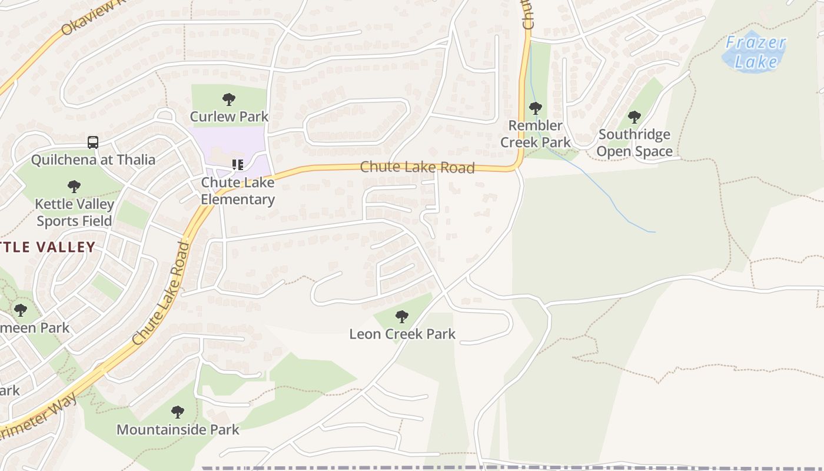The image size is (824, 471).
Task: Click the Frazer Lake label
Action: (755, 52)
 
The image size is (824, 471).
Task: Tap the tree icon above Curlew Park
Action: (229, 100)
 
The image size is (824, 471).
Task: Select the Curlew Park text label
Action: (229, 117)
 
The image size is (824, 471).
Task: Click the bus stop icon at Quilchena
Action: (93, 142)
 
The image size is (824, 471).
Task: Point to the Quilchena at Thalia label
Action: (93, 160)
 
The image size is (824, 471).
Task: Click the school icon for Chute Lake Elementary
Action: (238, 165)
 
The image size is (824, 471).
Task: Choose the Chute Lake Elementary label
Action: (238, 191)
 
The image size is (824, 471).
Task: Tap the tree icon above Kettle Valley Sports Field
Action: (74, 187)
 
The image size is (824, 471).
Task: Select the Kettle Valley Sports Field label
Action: (74, 213)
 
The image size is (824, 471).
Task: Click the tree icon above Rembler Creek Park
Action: (535, 108)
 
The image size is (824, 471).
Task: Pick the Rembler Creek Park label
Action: (536, 134)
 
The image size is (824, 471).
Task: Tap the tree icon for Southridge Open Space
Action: (634, 117)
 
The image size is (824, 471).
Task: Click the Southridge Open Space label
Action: (634, 143)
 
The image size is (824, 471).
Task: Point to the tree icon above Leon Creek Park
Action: (402, 317)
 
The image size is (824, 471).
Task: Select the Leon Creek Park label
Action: (402, 334)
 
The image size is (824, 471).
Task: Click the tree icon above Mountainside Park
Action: (178, 412)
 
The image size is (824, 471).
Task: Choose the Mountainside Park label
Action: (178, 429)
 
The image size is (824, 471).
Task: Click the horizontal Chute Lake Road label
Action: (417, 167)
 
